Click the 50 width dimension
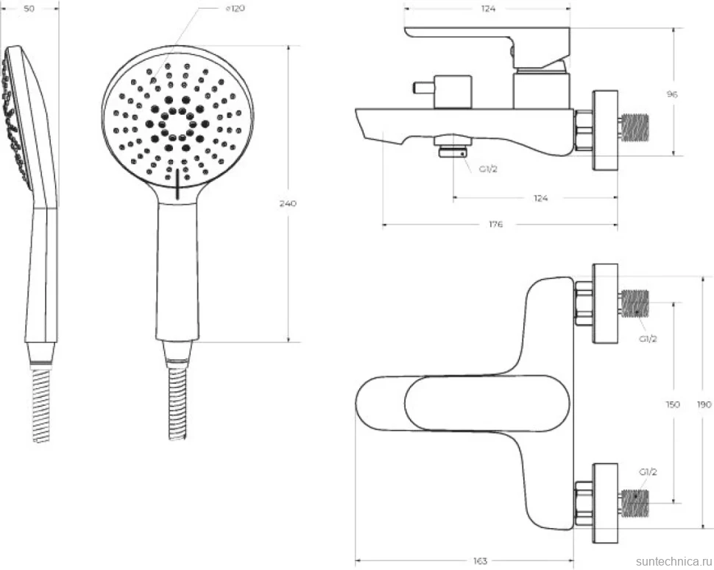(29, 8)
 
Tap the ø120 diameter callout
(235, 8)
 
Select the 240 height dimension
(287, 203)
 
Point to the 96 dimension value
(672, 94)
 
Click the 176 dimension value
(496, 224)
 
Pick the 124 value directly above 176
(540, 198)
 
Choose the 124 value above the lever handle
(488, 8)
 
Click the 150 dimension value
(673, 404)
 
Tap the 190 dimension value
(704, 404)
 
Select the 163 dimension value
(480, 561)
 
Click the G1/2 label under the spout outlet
(488, 169)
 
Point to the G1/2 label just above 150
(648, 339)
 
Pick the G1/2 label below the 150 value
(648, 472)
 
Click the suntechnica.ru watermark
(674, 561)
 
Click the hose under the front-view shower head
(177, 404)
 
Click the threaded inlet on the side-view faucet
(635, 127)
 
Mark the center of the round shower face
(177, 124)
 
